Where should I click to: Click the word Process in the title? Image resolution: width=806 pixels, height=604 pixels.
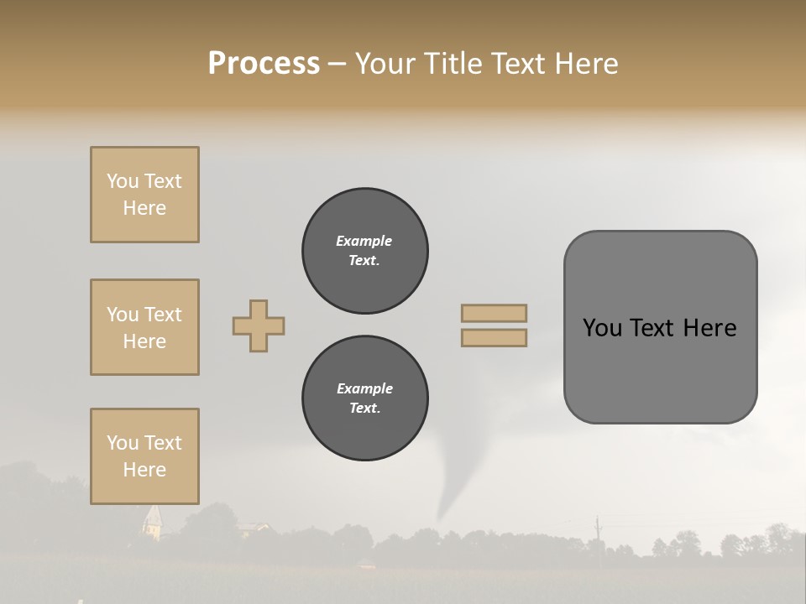(264, 64)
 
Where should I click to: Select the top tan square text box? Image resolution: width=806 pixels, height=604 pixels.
(144, 195)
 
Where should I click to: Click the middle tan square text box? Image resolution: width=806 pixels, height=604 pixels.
(144, 327)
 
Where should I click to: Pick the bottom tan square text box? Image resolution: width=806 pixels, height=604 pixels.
(144, 456)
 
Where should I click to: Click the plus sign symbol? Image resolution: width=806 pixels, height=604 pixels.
(259, 325)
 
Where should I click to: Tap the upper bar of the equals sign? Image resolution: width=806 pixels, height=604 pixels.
(495, 313)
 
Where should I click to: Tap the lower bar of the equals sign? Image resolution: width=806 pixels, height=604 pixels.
(495, 338)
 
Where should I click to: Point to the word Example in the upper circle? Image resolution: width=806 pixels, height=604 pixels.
(364, 241)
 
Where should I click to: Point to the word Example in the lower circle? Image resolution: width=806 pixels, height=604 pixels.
(364, 388)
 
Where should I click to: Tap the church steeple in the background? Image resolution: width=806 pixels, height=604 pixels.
(152, 520)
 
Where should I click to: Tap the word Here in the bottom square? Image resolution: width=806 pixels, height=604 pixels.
(144, 470)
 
